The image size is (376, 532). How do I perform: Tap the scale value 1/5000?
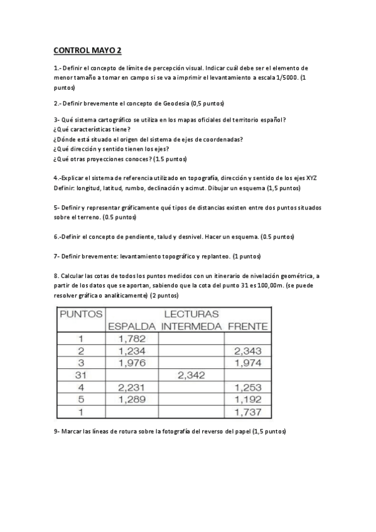pos(286,77)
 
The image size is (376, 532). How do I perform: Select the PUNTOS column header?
pos(80,313)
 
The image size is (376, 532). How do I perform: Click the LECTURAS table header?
pos(191,314)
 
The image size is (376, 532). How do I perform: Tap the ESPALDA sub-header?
pos(132,326)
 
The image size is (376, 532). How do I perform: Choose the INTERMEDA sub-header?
pos(191,326)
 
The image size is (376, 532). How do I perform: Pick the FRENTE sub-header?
pos(247,326)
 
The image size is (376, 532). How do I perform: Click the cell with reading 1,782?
pos(132,339)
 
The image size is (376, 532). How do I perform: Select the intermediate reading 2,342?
pos(191,375)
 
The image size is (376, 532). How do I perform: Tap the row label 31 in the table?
pos(80,375)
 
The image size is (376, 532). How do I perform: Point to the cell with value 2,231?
pos(132,388)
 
